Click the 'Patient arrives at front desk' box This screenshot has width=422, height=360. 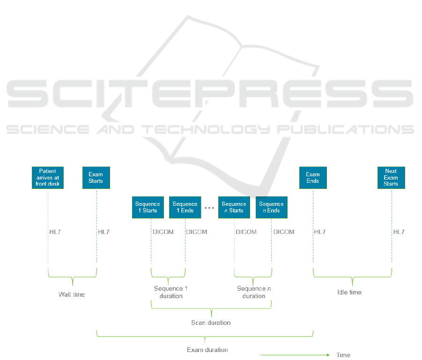(48, 178)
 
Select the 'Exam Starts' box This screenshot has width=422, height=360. (96, 178)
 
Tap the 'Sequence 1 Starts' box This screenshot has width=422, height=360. (148, 207)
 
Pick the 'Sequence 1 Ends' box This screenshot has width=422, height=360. (185, 207)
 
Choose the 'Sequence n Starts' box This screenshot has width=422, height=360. (234, 207)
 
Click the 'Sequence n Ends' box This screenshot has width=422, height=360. (271, 207)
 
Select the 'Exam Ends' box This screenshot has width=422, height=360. (313, 178)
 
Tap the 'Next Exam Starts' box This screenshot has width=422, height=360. (391, 178)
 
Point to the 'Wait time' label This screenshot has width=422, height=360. (72, 295)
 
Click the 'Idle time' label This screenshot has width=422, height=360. (349, 292)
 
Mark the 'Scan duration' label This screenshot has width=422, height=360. (211, 323)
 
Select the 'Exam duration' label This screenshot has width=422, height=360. (207, 350)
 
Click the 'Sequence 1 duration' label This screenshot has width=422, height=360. (171, 292)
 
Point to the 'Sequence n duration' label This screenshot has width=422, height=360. (254, 292)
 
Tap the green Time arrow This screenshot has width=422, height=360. (295, 355)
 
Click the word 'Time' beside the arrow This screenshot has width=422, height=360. (343, 355)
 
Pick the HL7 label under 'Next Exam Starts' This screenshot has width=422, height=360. (399, 232)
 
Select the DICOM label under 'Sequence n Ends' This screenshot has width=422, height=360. (284, 232)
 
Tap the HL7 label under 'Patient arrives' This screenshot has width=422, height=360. (55, 232)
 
